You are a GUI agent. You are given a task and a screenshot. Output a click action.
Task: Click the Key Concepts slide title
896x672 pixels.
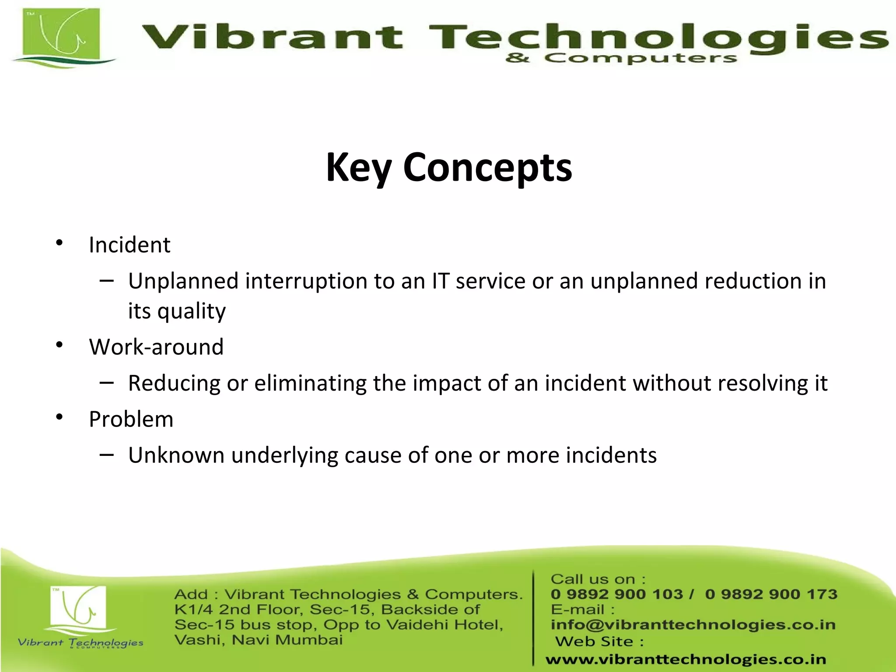449,168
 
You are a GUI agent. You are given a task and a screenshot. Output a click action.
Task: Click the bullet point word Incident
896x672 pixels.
129,245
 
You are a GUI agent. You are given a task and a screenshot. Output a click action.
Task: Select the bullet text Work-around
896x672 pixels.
156,347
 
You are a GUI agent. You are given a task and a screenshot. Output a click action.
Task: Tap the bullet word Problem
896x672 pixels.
131,420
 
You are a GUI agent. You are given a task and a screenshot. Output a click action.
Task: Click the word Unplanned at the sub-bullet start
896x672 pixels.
183,281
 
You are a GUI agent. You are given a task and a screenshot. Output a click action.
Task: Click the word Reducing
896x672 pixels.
174,384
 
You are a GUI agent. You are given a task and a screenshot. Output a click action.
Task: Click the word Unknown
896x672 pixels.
176,455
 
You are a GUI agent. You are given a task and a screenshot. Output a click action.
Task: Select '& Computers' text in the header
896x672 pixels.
621,58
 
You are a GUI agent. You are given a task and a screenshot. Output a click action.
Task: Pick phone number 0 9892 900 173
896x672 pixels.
771,594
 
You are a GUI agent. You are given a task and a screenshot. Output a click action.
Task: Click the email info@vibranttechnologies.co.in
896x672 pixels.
693,625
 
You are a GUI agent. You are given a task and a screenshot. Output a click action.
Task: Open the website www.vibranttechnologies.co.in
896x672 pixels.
686,659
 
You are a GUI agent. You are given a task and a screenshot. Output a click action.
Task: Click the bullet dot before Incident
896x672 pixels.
59,243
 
